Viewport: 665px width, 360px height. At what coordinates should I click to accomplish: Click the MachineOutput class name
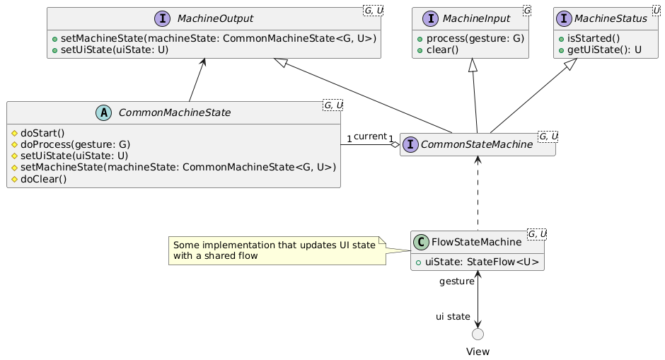tap(215, 18)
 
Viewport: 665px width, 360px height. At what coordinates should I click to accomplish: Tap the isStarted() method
tap(594, 39)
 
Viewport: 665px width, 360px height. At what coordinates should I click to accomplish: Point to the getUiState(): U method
tap(604, 50)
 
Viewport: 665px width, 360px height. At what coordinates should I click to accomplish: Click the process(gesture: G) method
tap(475, 39)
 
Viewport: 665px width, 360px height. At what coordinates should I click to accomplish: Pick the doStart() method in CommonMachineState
tap(42, 133)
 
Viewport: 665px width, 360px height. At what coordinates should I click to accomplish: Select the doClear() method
tap(43, 179)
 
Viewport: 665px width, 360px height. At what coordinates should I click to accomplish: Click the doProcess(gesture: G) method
tap(75, 144)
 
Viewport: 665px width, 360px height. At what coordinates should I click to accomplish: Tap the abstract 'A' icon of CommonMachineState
tap(103, 112)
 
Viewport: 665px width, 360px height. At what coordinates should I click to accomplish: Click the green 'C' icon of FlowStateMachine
tap(421, 242)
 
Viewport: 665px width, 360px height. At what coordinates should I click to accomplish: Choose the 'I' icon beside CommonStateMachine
tap(410, 144)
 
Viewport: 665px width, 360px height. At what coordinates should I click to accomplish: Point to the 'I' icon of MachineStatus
tap(564, 18)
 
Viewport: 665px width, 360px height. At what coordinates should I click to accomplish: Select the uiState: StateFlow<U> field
tap(482, 262)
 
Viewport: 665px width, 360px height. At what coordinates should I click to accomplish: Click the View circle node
tap(478, 334)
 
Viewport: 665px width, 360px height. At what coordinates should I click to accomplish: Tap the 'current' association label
tap(370, 137)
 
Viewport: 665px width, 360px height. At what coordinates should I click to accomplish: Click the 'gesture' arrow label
tap(457, 281)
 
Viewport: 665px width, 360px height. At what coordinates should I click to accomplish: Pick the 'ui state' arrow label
tap(453, 317)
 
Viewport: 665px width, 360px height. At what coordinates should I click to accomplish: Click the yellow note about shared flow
tap(277, 250)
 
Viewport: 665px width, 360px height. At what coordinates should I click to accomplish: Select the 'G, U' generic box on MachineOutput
tap(373, 11)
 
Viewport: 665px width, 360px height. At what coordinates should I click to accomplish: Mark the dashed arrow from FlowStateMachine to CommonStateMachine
tap(478, 194)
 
